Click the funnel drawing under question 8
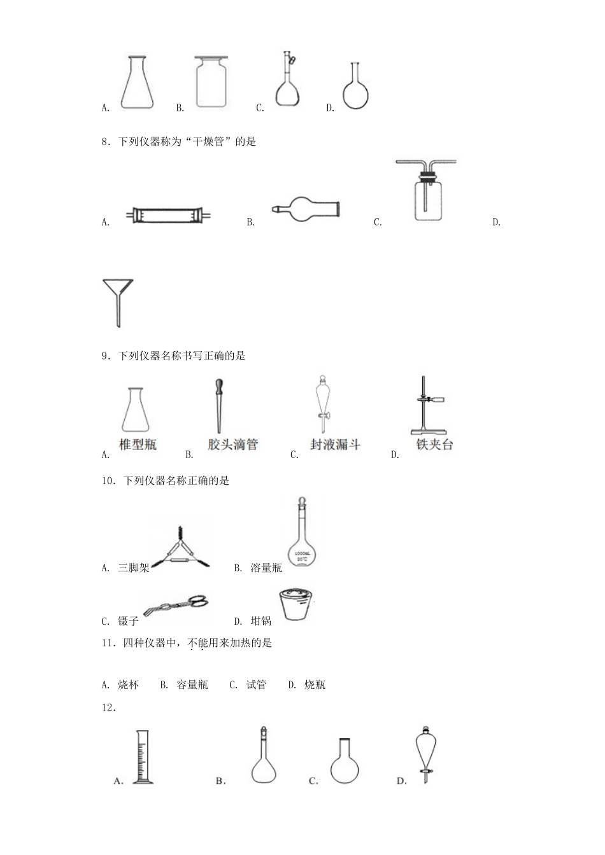click(x=118, y=302)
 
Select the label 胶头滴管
click(x=232, y=445)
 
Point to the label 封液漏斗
click(x=335, y=445)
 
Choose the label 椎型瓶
click(x=138, y=445)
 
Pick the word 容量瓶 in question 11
click(x=192, y=685)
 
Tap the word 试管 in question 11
click(x=257, y=685)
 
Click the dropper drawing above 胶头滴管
click(x=217, y=407)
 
